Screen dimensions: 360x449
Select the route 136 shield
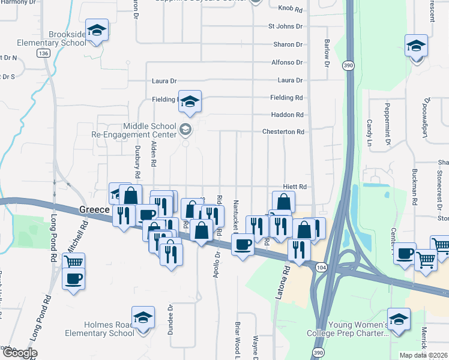(43, 54)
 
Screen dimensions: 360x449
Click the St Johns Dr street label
(285, 27)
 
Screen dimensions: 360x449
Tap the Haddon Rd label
(287, 115)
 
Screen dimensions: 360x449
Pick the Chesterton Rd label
(285, 132)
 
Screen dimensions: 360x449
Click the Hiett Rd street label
(295, 187)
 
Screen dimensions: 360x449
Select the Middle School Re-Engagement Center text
(149, 130)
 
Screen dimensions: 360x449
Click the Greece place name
(95, 209)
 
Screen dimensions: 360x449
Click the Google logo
(19, 353)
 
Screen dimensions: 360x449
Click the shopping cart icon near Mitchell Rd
(73, 262)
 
